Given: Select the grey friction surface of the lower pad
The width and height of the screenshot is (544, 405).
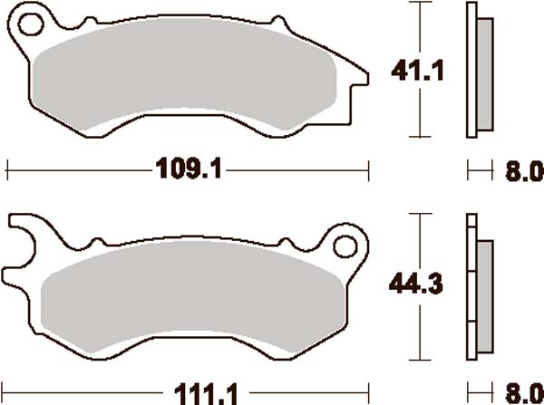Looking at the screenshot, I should [x=190, y=294].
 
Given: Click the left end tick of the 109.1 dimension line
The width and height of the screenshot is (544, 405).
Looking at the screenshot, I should [x=7, y=169].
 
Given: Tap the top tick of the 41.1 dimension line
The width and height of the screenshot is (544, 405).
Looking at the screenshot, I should [x=420, y=5].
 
